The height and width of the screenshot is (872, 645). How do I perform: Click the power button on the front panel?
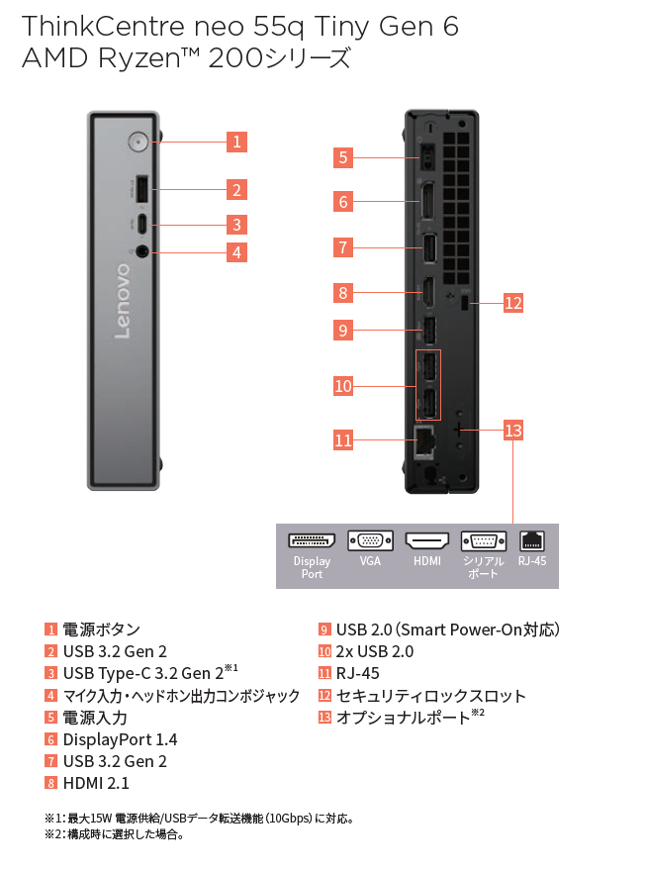138,143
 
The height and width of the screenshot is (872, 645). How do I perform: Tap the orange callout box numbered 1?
235,142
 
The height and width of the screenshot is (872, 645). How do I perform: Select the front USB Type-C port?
141,222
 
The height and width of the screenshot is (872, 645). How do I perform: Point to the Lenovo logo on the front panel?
123,301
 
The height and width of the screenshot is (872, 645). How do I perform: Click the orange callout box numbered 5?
342,156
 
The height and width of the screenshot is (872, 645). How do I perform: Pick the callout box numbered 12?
512,303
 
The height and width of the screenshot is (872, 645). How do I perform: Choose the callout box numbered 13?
512,431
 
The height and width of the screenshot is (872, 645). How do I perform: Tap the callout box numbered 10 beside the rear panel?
342,386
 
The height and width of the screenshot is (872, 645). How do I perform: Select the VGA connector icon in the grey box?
370,540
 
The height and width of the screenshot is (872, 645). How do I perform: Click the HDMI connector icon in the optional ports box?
427,540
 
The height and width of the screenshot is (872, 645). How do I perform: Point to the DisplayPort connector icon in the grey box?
312,540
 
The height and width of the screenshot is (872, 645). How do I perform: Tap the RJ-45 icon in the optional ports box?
532,540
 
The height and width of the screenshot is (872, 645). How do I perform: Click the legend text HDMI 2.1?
96,783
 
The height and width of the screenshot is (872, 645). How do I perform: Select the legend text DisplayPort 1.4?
120,739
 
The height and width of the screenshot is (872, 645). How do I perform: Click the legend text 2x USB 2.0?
375,651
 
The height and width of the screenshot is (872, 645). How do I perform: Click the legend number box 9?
323,630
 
